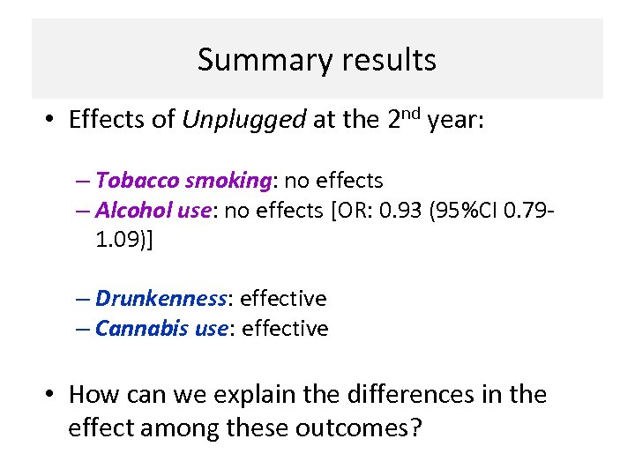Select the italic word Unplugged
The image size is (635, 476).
coord(244,121)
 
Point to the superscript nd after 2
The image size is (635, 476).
coord(413,112)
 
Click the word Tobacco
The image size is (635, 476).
coord(137,181)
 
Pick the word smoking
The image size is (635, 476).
coord(229,181)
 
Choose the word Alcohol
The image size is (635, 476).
coord(132,211)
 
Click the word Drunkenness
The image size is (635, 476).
coord(161,299)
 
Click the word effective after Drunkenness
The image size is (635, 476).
coord(283,299)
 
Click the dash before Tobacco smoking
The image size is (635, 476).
coord(84,182)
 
